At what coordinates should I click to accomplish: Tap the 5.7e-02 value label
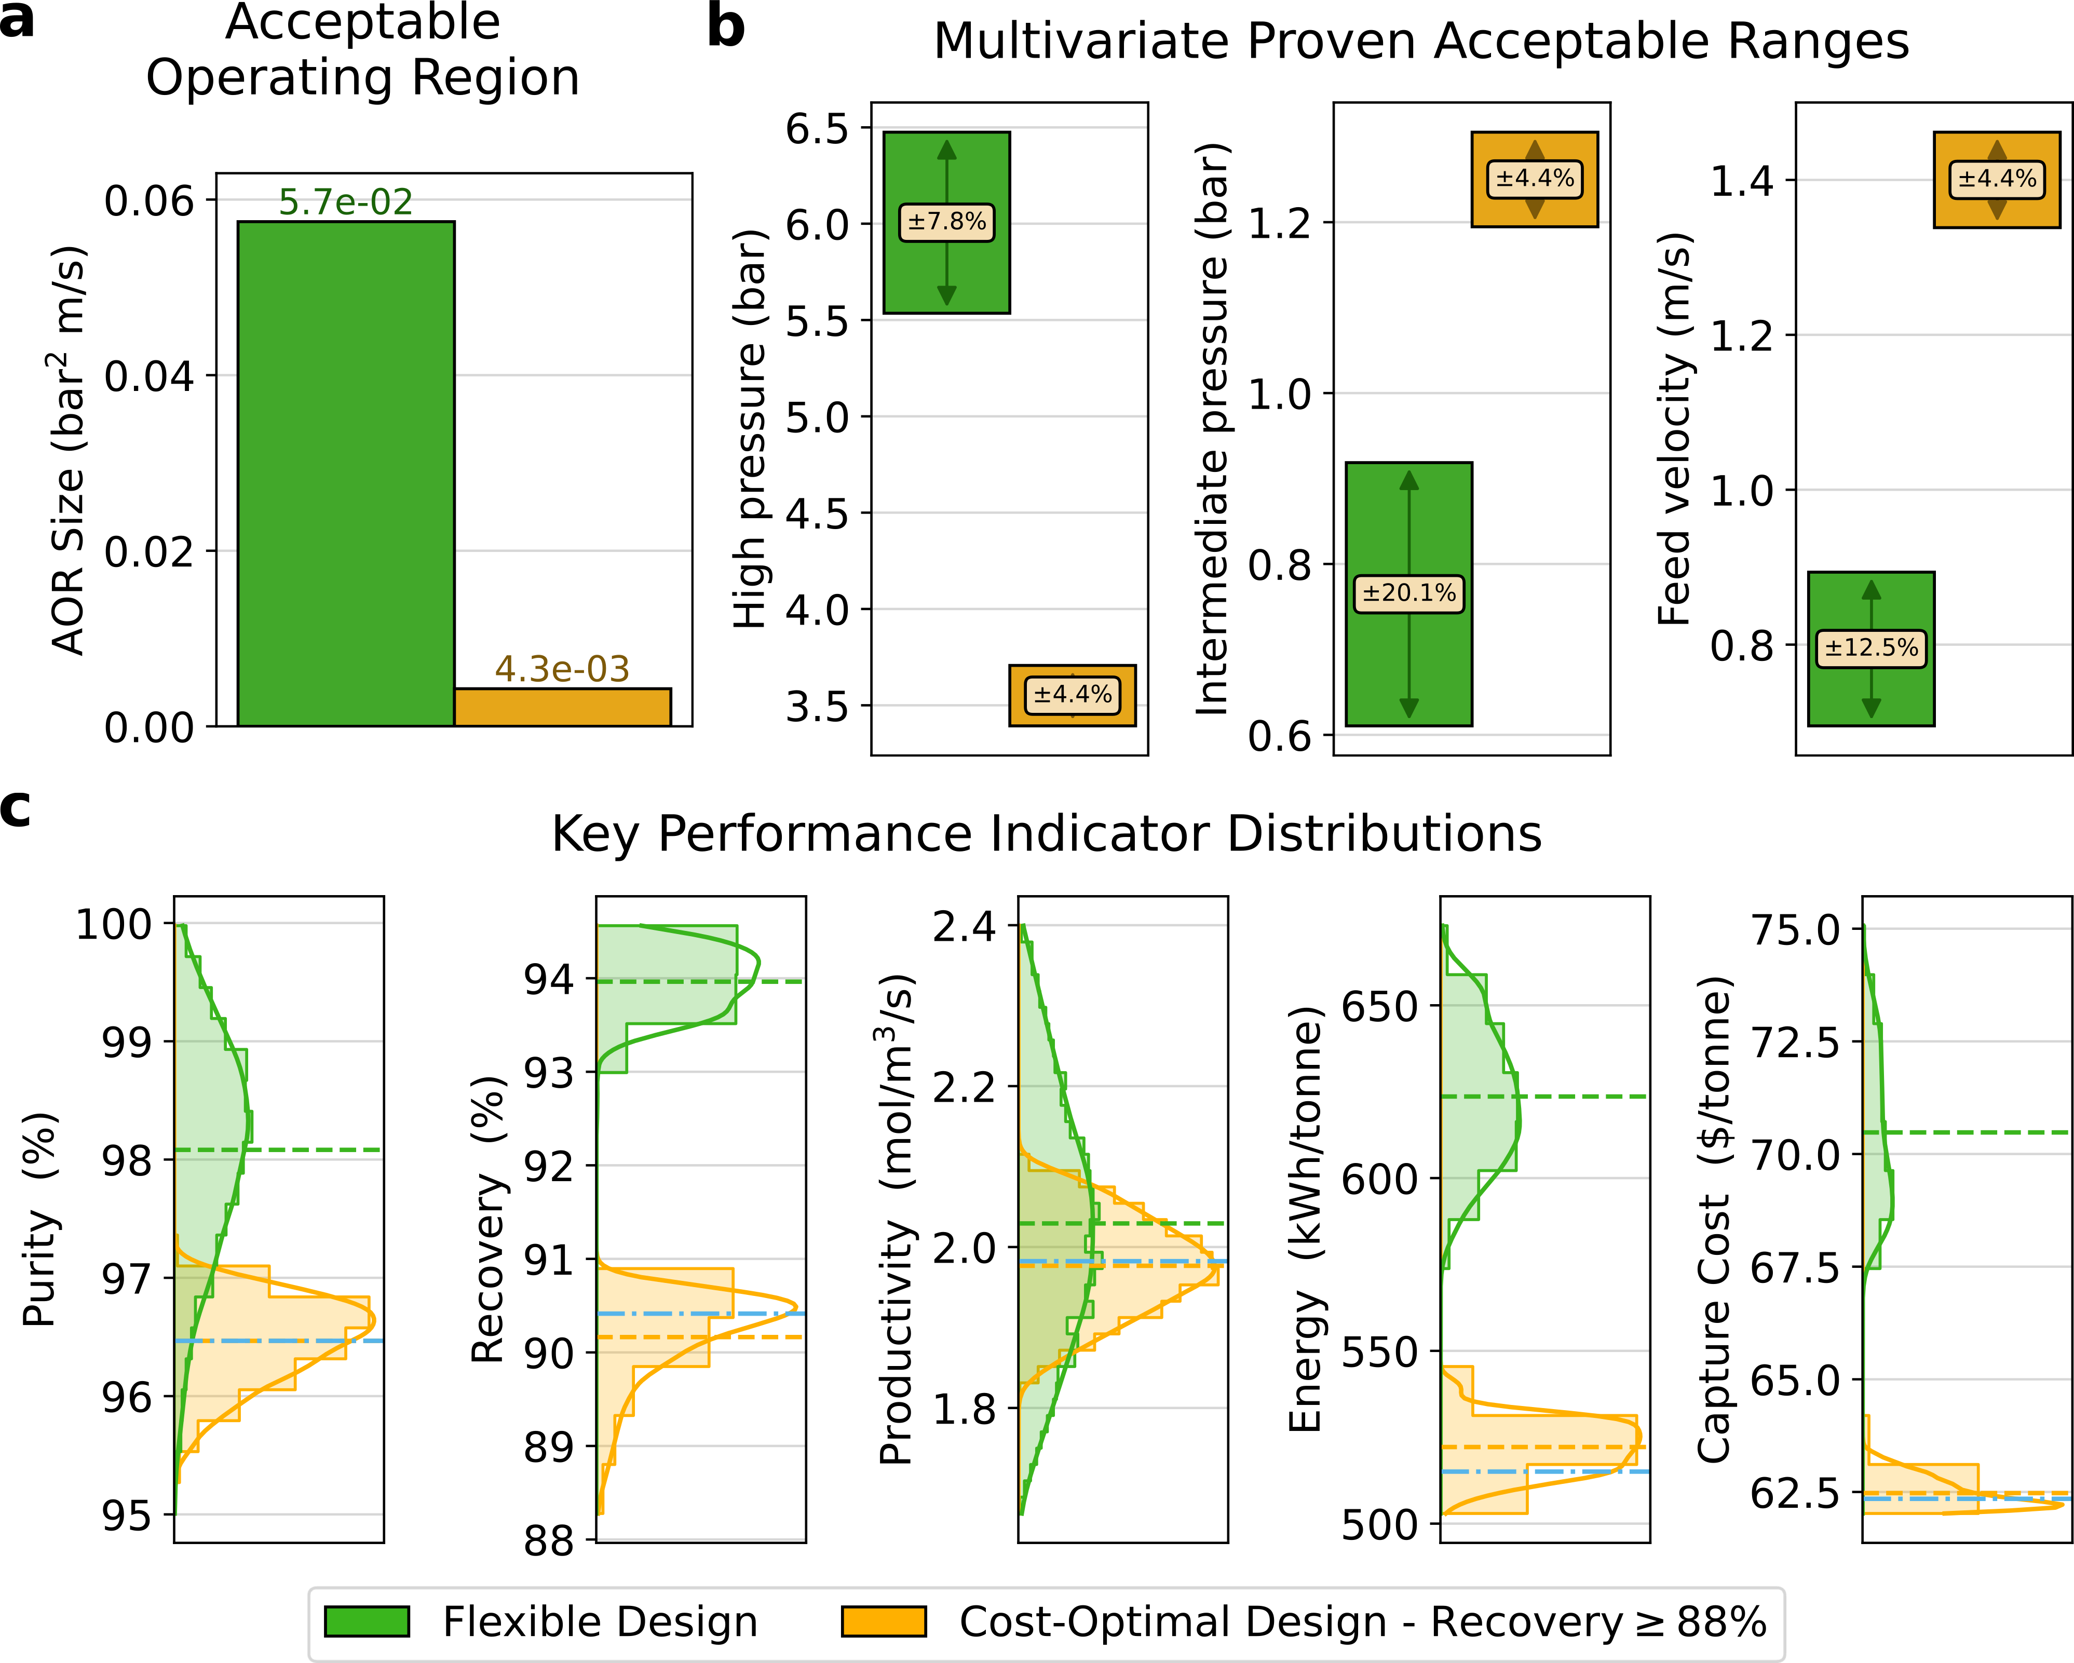click(345, 202)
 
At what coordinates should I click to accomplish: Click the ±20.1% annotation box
click(1409, 592)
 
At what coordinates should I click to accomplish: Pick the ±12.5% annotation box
click(1871, 647)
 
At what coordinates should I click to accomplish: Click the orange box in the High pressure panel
click(1073, 695)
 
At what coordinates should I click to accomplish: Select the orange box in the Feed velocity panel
click(1997, 179)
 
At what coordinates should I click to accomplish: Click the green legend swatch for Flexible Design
click(367, 1620)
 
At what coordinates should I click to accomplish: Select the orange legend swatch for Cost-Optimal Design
click(883, 1620)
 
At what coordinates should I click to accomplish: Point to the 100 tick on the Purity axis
click(114, 924)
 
